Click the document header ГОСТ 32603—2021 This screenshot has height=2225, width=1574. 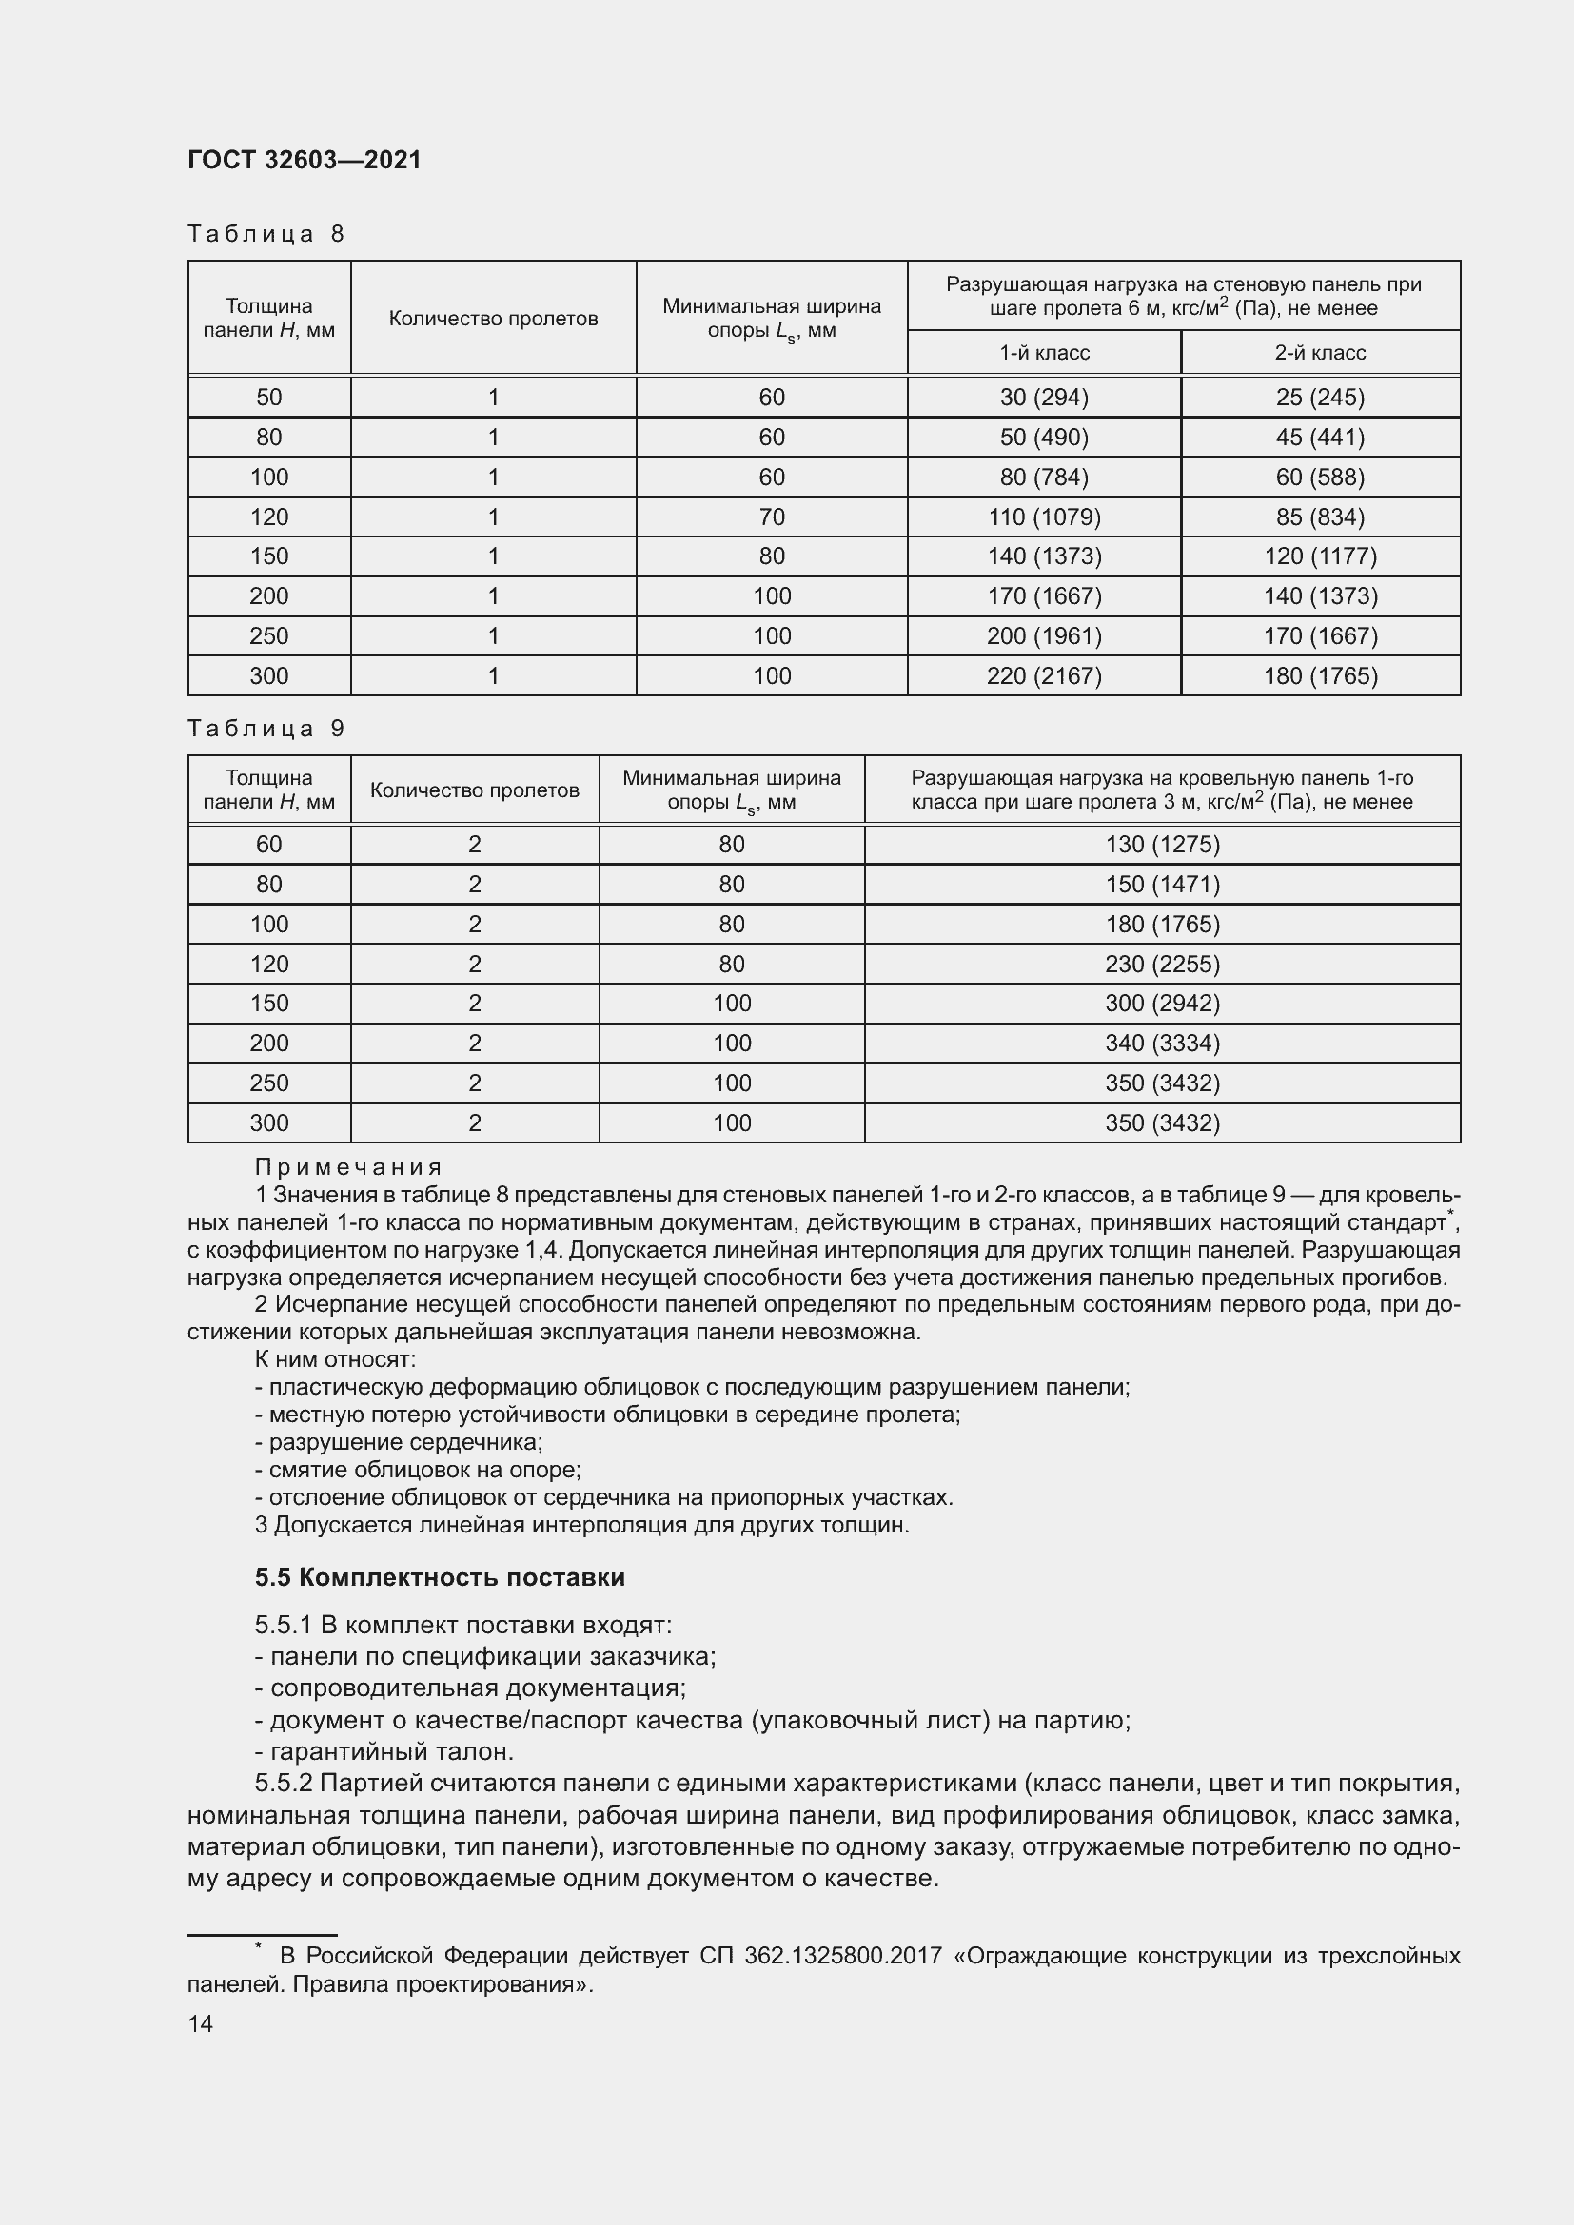[x=305, y=160]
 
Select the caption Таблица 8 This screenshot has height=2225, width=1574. [x=266, y=234]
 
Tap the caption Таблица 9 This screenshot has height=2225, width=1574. [x=266, y=728]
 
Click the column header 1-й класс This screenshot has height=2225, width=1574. [x=1044, y=353]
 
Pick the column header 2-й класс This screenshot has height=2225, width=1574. [x=1319, y=353]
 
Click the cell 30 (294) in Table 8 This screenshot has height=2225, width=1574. [x=1044, y=398]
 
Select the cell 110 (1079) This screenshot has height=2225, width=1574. [x=1044, y=517]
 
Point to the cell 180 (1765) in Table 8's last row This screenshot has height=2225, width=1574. [x=1319, y=675]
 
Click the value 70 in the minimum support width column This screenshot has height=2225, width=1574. [x=772, y=517]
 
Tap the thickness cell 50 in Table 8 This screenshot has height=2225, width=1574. [x=268, y=398]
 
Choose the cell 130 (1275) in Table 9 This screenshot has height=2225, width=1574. [x=1161, y=844]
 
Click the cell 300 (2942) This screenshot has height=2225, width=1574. [x=1161, y=1003]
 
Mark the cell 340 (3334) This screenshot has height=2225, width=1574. [x=1161, y=1043]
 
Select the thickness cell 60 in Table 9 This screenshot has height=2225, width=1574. [x=268, y=844]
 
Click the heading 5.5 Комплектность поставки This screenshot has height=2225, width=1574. [x=440, y=1576]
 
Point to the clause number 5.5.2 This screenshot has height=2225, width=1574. [x=283, y=1783]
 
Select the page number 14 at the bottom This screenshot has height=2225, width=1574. [x=200, y=2023]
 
